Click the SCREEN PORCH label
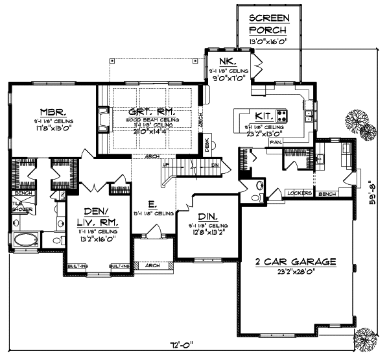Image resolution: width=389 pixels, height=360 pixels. [x=268, y=24]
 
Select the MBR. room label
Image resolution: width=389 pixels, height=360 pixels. [x=50, y=111]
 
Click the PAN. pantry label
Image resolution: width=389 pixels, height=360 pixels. [x=275, y=141]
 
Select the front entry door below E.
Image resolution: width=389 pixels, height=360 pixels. [x=153, y=230]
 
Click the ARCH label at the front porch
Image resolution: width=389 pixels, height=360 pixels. [x=152, y=265]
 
